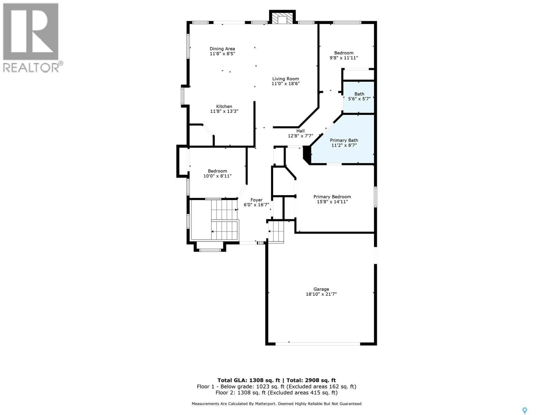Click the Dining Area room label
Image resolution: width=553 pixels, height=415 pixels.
222,49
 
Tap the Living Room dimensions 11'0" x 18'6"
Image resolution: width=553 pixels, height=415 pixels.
285,84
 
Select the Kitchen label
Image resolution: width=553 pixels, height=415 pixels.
224,106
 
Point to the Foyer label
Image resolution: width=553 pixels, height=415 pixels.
256,200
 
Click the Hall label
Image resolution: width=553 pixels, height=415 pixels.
301,131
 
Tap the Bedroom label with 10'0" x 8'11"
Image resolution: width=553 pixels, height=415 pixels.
217,171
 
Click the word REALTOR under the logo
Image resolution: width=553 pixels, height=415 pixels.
31,68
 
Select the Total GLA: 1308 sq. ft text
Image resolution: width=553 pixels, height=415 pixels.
249,380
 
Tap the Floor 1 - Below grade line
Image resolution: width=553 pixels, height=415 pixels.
276,386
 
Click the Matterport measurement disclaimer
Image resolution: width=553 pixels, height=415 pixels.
276,403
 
